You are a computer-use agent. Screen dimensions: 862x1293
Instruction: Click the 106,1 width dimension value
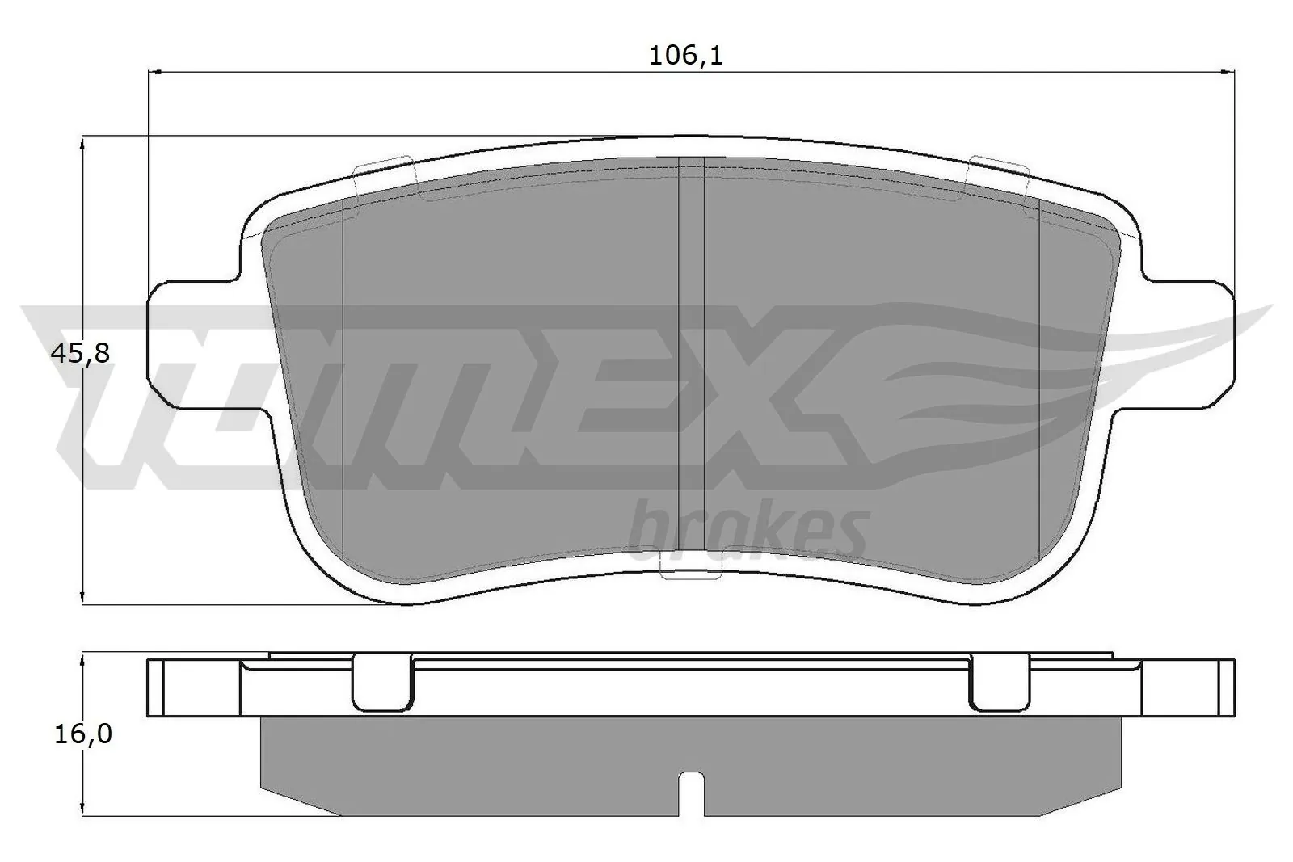click(685, 56)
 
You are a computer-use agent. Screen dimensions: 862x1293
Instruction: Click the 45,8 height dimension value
click(80, 353)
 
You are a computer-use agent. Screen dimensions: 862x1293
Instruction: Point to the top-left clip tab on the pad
click(384, 172)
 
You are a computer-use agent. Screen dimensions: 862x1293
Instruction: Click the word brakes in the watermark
click(748, 531)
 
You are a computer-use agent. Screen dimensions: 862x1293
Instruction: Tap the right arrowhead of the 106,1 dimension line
click(1228, 72)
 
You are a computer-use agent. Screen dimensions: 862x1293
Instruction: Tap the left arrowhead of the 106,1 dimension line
click(155, 72)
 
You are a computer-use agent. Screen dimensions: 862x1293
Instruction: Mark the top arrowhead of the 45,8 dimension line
click(82, 144)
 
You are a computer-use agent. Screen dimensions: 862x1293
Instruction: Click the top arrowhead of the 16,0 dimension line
click(82, 658)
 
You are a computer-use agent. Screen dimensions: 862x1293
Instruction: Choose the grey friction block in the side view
click(485, 767)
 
